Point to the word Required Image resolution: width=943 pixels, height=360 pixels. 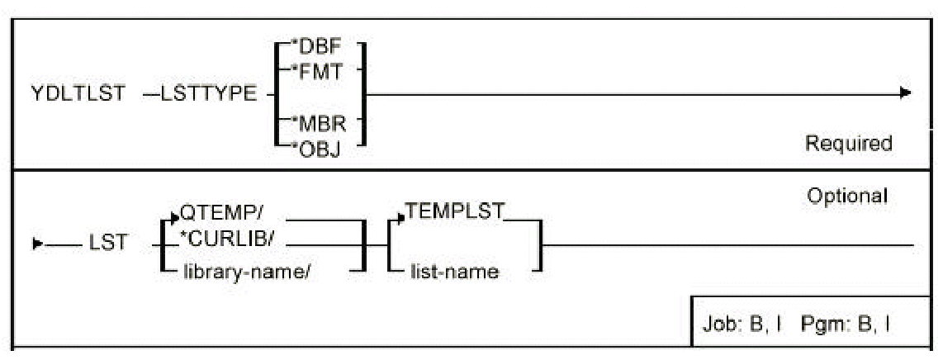pyautogui.click(x=848, y=143)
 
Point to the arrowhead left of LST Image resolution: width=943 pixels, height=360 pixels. pyautogui.click(x=36, y=245)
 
